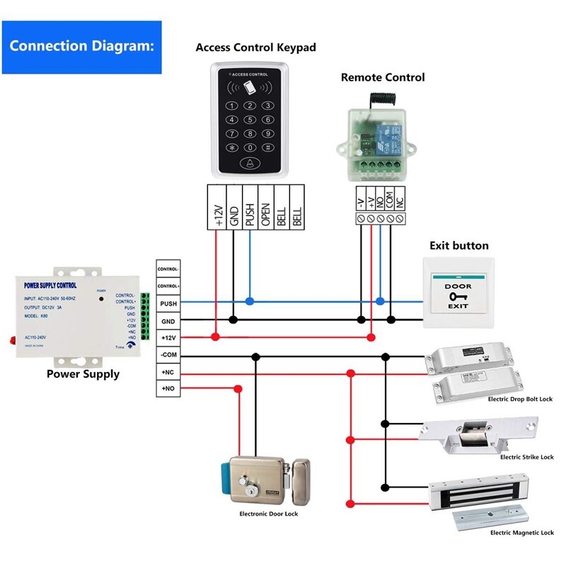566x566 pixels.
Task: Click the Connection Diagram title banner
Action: pyautogui.click(x=81, y=47)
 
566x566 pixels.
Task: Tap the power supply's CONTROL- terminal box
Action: pyautogui.click(x=168, y=270)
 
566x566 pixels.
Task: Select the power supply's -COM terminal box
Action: pyautogui.click(x=168, y=354)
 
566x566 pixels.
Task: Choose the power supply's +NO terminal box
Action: pyautogui.click(x=168, y=388)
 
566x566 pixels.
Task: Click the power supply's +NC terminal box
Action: pyautogui.click(x=168, y=371)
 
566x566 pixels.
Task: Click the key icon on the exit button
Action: pyautogui.click(x=457, y=296)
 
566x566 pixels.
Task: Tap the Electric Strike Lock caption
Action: pyautogui.click(x=526, y=457)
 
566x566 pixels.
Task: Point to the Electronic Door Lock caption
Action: pyautogui.click(x=268, y=514)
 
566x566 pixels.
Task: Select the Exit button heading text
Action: pyautogui.click(x=459, y=246)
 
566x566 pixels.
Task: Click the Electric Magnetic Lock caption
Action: pyautogui.click(x=522, y=533)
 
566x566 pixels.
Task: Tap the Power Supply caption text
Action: pyautogui.click(x=83, y=374)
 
